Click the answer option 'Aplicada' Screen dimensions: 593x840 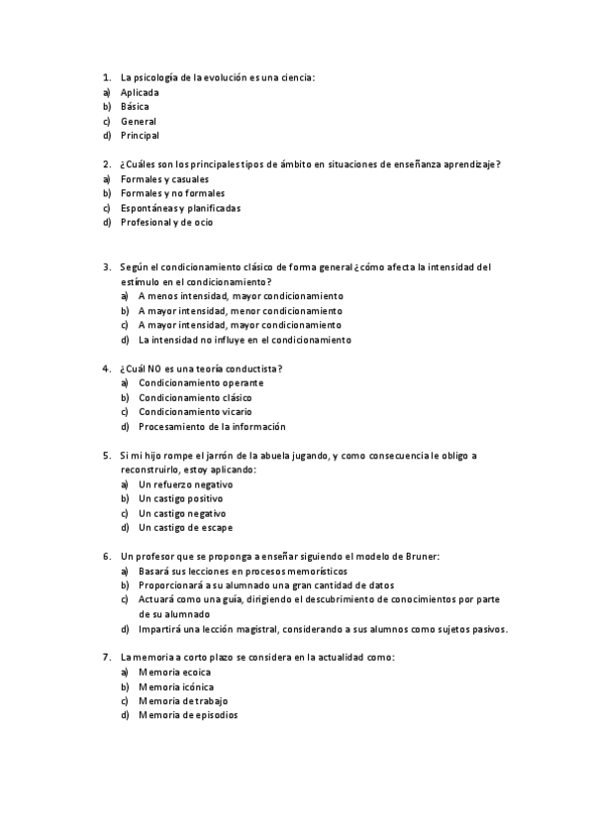[140, 92]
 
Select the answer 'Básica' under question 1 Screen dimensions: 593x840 [135, 106]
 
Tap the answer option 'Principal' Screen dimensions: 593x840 [140, 135]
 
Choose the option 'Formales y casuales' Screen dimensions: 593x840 [164, 179]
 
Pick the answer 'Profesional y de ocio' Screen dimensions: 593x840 [166, 222]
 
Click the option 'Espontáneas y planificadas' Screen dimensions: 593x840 [180, 208]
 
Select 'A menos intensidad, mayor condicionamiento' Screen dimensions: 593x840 [241, 295]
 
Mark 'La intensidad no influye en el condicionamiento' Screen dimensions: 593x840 [245, 339]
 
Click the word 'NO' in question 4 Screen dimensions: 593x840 [156, 368]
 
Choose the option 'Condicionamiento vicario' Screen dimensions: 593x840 [195, 411]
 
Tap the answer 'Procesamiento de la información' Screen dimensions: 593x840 [212, 426]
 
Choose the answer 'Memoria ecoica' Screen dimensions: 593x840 [174, 672]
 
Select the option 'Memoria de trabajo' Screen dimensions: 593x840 [182, 700]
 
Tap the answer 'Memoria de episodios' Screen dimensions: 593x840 [188, 715]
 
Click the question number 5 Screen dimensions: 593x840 [106, 456]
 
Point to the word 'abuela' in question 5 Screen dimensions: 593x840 [277, 456]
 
